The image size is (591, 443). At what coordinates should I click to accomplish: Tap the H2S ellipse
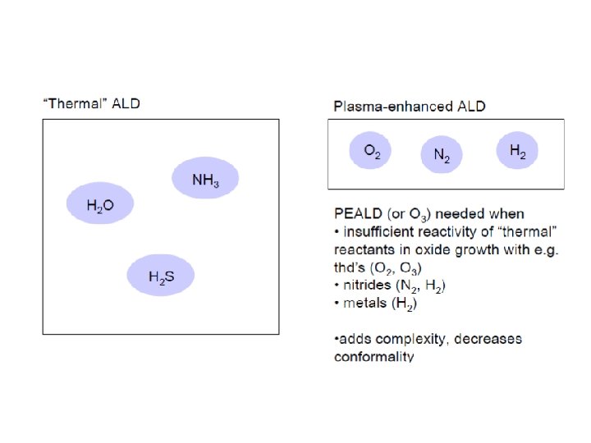(x=161, y=276)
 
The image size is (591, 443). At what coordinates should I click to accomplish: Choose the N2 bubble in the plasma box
(x=442, y=154)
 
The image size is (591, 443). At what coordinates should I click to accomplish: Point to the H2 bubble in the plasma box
(x=517, y=151)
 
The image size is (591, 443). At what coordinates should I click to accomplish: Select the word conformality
(x=373, y=356)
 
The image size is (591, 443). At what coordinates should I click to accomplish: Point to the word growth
(x=470, y=250)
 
